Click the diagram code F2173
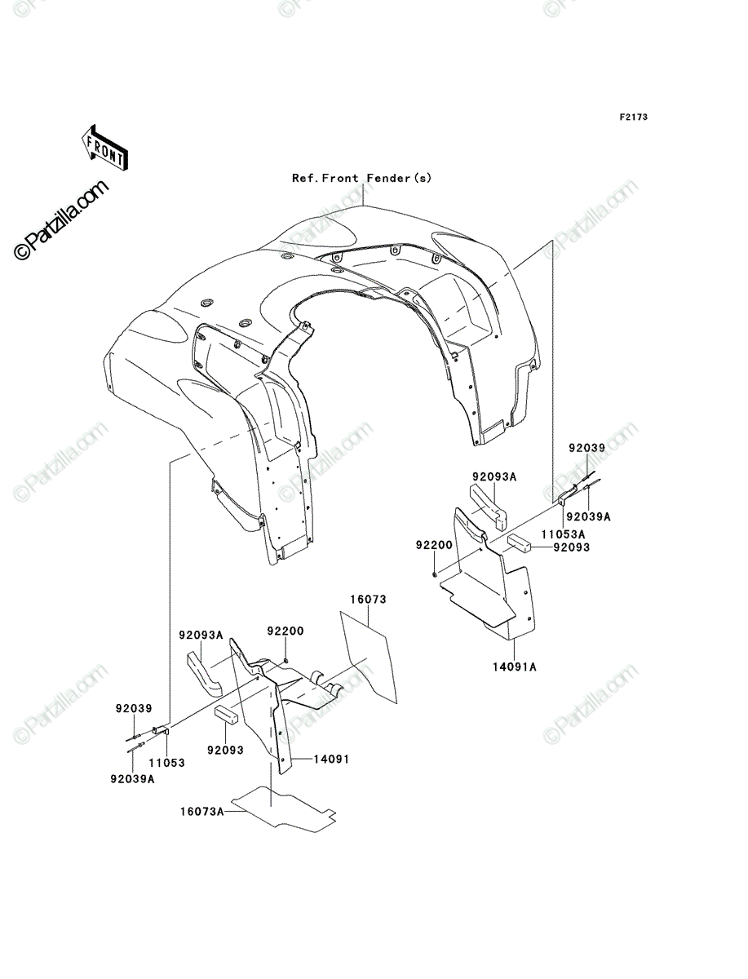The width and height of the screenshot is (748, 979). [x=633, y=117]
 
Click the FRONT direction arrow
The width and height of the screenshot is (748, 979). [x=104, y=148]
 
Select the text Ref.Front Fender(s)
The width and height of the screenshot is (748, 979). [x=361, y=178]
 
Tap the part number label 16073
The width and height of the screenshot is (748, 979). [x=368, y=600]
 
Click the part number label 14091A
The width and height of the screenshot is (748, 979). [x=515, y=680]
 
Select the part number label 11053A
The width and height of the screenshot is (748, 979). [x=564, y=534]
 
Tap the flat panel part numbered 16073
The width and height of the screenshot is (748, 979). [x=368, y=657]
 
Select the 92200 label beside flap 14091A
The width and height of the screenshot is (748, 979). [x=434, y=545]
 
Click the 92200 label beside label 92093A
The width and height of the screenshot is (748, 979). [x=285, y=631]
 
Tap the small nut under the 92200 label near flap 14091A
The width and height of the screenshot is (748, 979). [x=434, y=574]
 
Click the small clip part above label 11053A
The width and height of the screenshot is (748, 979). [x=566, y=496]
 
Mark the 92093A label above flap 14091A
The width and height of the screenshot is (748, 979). [x=494, y=476]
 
